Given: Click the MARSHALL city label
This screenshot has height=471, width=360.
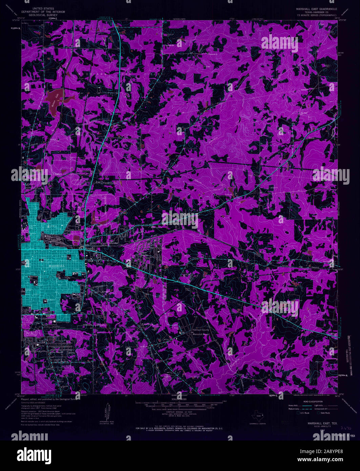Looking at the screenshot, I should point(57,266).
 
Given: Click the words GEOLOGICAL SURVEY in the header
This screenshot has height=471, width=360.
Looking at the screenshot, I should point(43,16).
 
